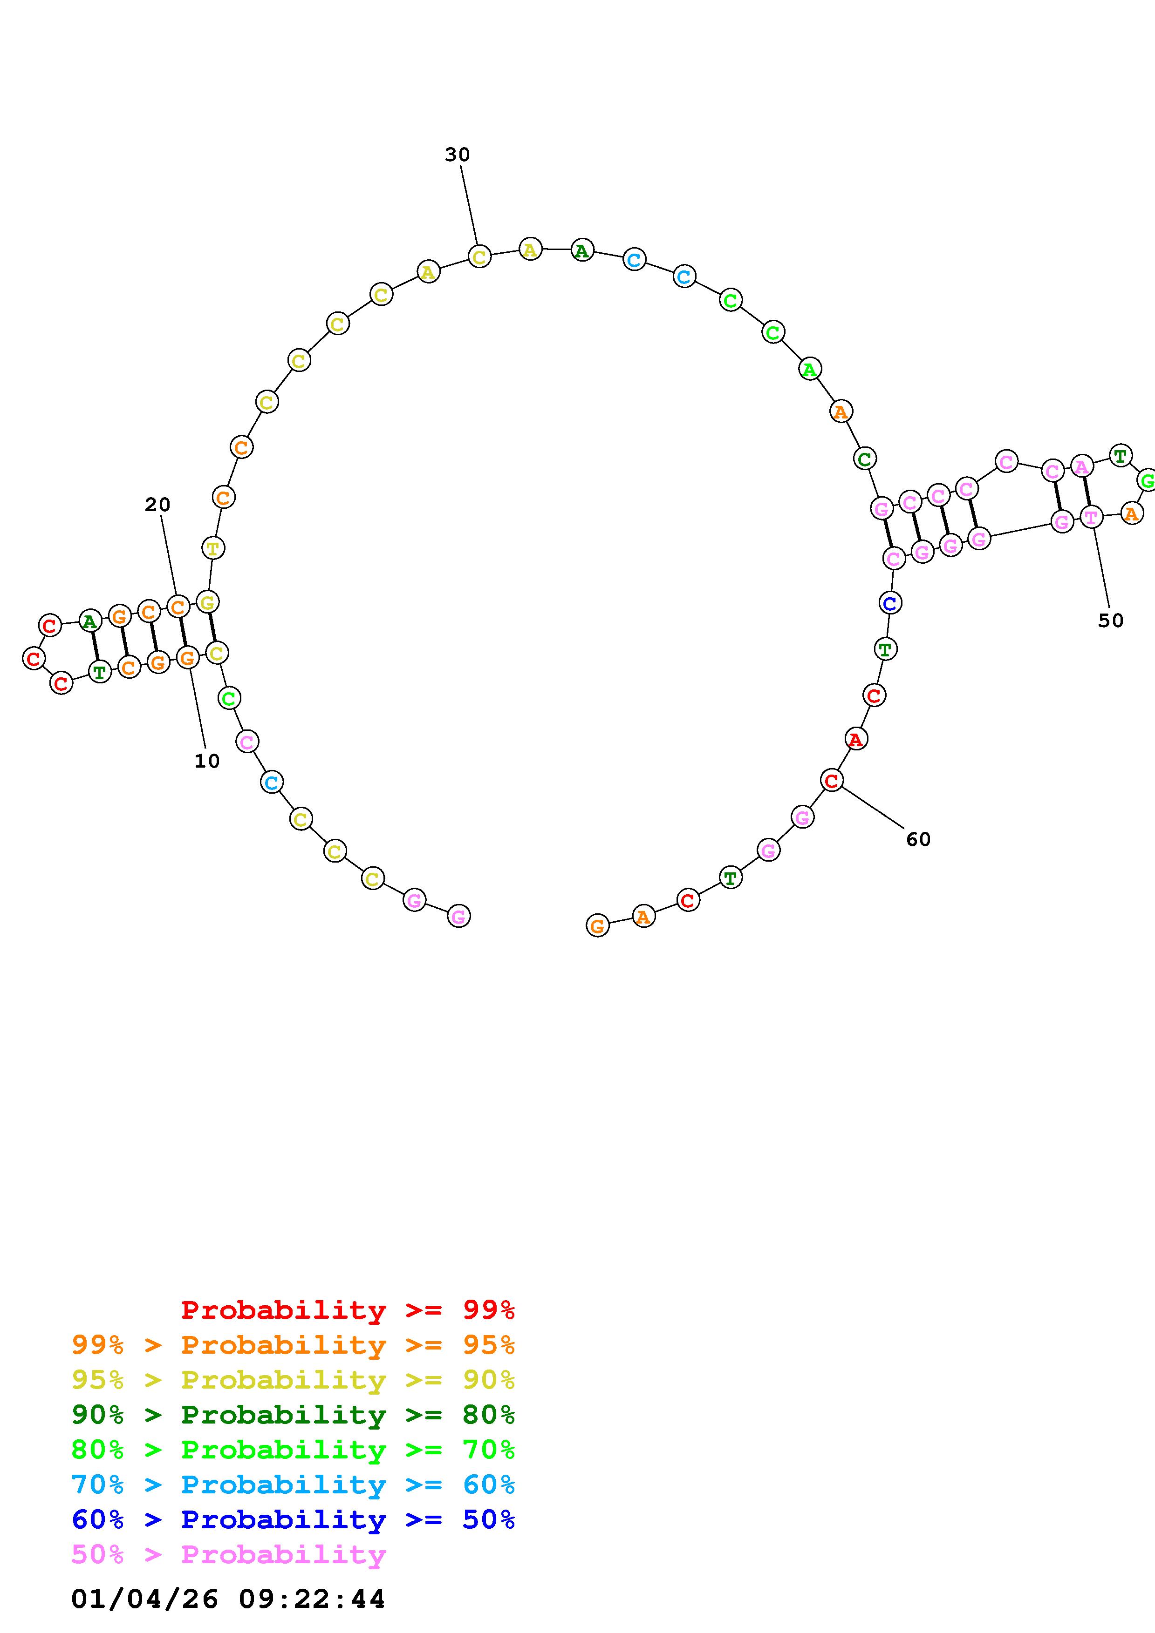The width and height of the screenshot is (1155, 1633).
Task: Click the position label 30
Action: [458, 155]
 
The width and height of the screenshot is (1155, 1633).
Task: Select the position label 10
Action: [207, 761]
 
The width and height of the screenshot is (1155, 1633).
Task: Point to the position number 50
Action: [1110, 621]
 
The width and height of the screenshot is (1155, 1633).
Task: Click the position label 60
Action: [918, 839]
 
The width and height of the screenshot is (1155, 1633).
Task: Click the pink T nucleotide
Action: [1091, 517]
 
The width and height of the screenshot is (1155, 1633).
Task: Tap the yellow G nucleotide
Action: [207, 602]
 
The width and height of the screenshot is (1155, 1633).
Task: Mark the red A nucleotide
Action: [855, 739]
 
